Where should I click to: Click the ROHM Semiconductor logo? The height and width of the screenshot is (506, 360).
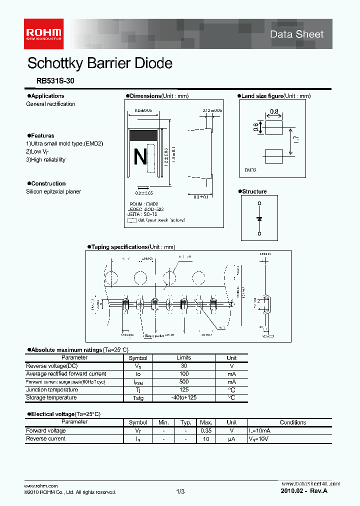tap(44, 33)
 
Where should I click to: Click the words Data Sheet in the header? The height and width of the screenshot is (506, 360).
tap(296, 34)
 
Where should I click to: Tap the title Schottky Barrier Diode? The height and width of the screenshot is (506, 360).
tap(99, 63)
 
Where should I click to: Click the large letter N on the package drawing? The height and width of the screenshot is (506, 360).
tap(140, 157)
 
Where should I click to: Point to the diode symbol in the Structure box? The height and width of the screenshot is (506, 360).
tap(259, 218)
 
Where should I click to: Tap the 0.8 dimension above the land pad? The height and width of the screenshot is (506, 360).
tap(274, 112)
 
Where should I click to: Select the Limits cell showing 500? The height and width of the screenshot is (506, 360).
tap(183, 381)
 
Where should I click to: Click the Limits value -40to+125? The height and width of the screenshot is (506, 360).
tap(183, 397)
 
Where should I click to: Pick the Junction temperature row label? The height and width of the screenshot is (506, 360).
tap(52, 389)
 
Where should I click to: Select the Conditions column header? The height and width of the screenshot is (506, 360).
tap(293, 422)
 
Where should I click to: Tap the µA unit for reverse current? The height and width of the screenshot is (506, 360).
tap(231, 439)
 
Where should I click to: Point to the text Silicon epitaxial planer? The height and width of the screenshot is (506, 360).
tap(53, 191)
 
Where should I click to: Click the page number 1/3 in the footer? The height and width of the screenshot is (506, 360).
tap(180, 492)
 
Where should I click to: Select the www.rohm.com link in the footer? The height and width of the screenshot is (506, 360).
tap(41, 486)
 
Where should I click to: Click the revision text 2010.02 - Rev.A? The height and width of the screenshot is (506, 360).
tap(304, 491)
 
